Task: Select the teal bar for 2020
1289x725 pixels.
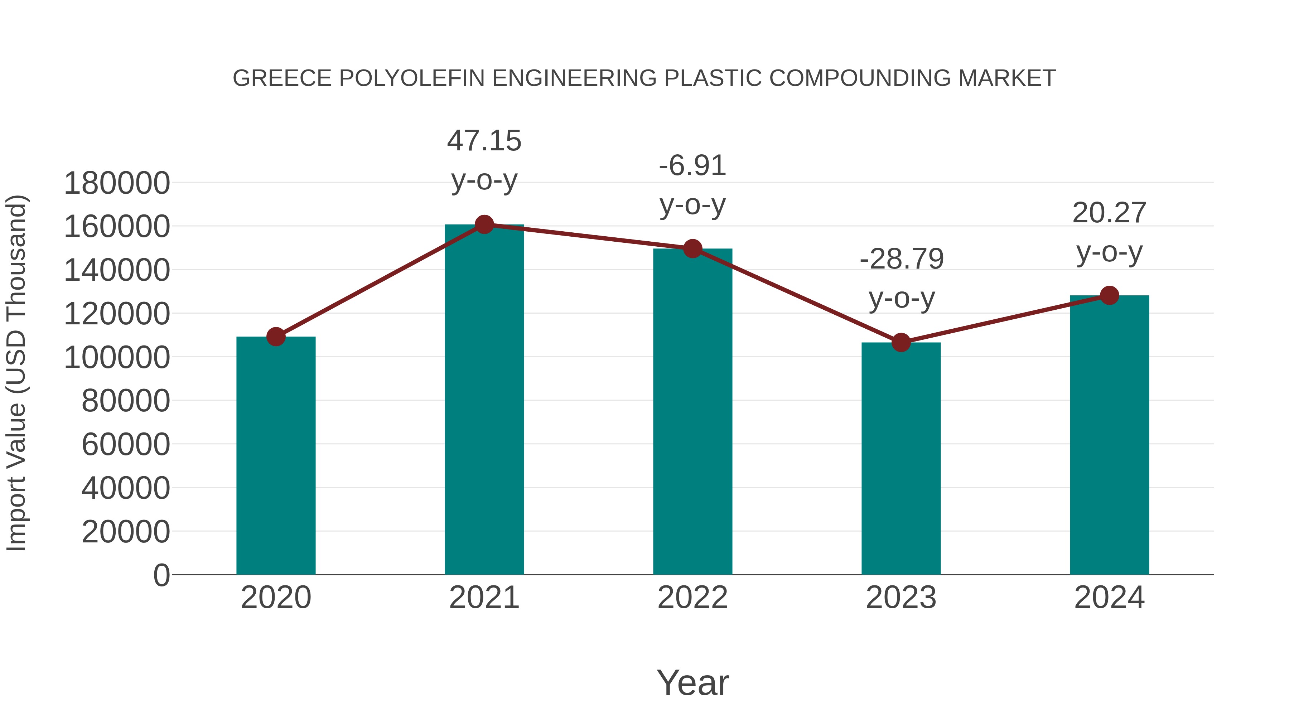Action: coord(276,455)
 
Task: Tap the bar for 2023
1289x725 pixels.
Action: coord(901,458)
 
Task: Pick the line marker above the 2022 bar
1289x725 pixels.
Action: coord(692,249)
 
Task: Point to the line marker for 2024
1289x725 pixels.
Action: coord(1109,296)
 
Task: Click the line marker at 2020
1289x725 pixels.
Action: coord(276,337)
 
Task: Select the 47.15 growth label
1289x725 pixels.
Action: coord(484,141)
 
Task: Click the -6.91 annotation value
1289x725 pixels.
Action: coord(692,166)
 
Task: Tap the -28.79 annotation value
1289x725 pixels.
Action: coord(901,259)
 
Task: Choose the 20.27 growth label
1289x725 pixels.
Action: coord(1109,213)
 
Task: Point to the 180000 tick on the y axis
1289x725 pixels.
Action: coord(117,183)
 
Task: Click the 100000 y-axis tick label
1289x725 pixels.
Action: coord(117,358)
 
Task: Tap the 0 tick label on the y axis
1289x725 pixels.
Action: coord(161,575)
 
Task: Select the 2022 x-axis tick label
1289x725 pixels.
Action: coord(692,598)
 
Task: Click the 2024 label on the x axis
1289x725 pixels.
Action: coord(1109,598)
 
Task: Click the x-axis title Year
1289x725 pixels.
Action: coord(692,683)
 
